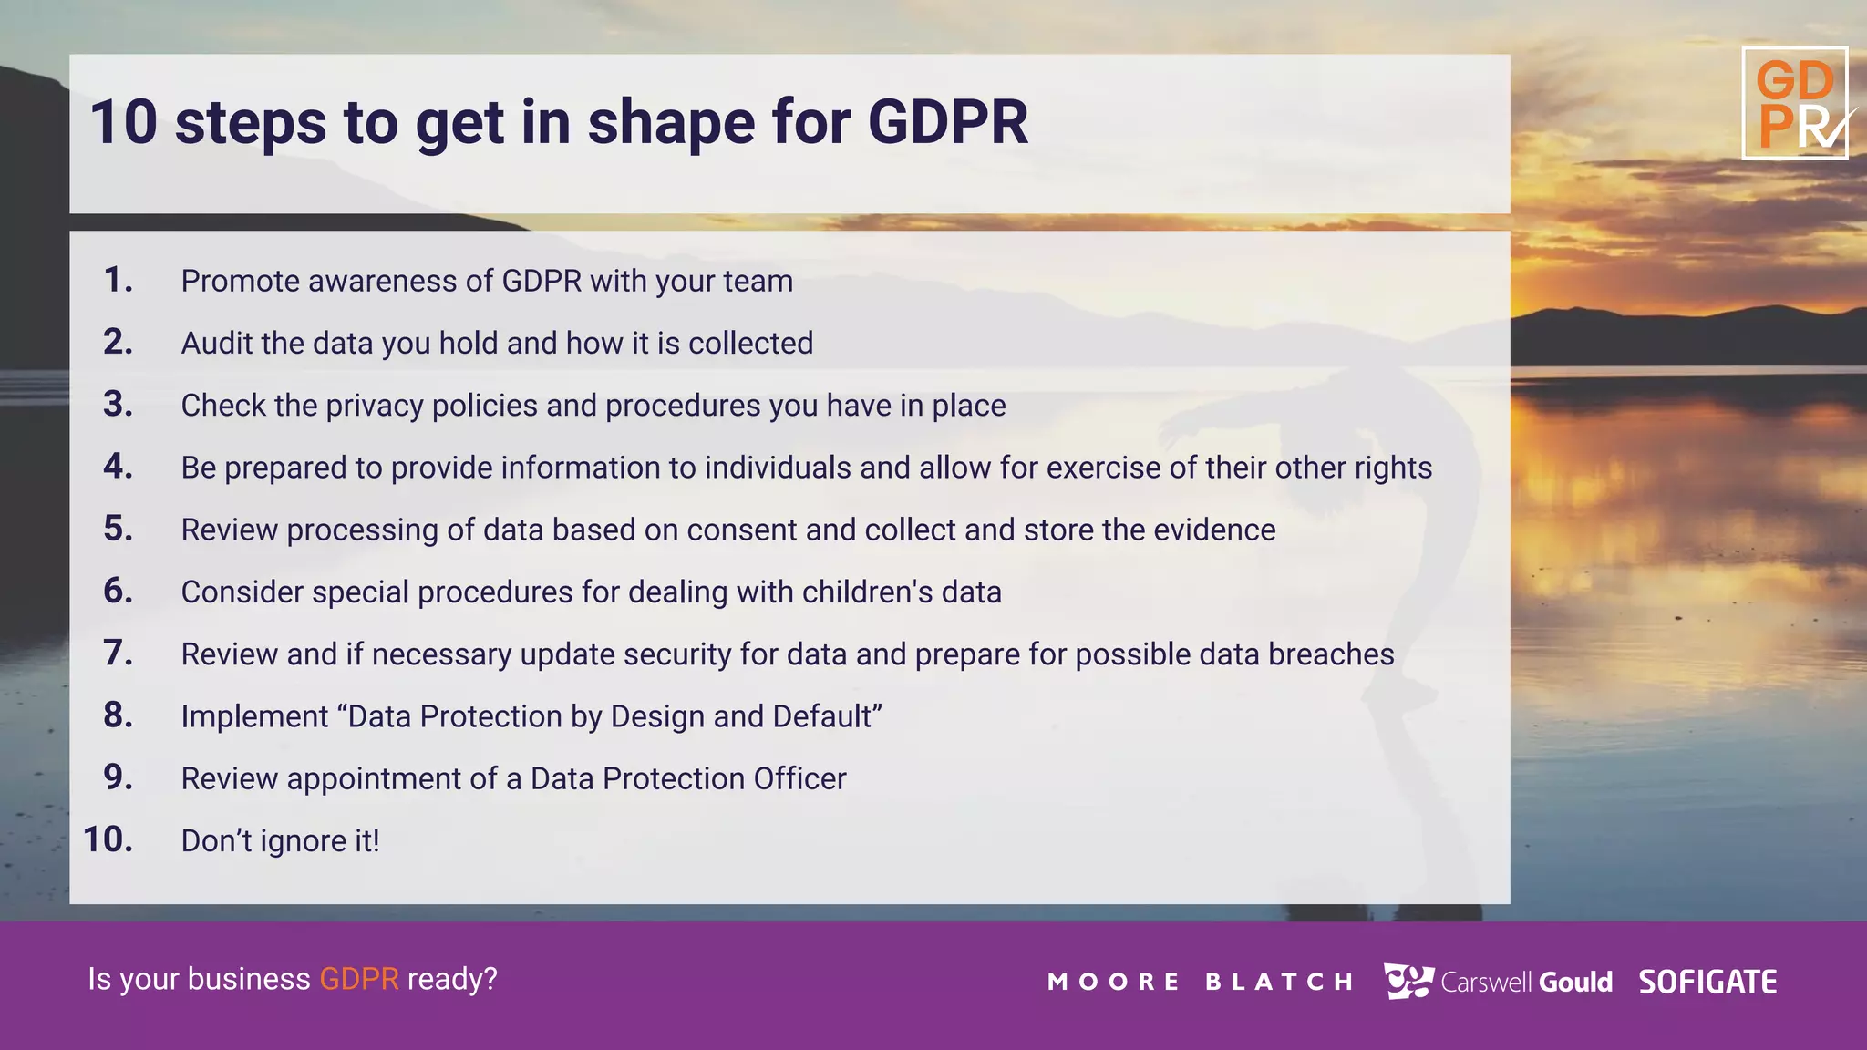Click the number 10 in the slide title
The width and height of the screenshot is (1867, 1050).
tap(124, 122)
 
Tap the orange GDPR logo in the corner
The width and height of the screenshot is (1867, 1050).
tap(1795, 103)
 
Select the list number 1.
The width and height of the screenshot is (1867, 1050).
tap(118, 280)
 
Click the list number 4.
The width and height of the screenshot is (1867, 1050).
tap(118, 467)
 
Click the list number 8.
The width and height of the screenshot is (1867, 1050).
tap(118, 715)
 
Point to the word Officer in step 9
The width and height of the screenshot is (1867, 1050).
tap(799, 779)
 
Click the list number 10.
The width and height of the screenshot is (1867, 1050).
tap(108, 839)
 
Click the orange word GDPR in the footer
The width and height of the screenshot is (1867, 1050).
tap(358, 979)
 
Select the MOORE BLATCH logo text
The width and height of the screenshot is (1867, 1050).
tap(1200, 983)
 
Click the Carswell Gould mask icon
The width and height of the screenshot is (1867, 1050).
tap(1408, 981)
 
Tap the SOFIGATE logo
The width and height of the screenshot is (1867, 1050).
tap(1707, 983)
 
